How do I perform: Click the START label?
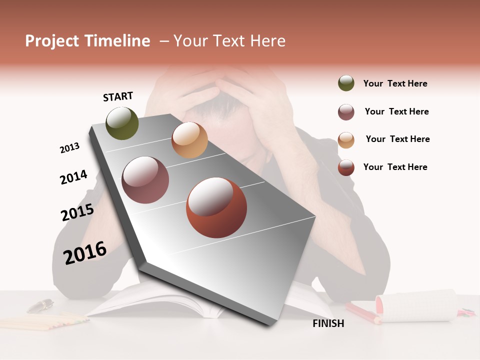pos(118,96)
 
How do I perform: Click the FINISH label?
pos(328,323)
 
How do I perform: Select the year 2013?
pos(69,148)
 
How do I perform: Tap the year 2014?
pos(73,177)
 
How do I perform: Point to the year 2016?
pos(85,252)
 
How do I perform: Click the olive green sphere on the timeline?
pos(122,123)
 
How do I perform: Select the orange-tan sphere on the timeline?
pos(189,140)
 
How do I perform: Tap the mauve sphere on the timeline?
pos(145,180)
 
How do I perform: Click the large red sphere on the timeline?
pos(216,207)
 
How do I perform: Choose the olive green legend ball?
pos(346,83)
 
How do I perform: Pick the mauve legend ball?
pos(346,112)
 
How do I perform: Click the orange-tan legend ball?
pos(346,140)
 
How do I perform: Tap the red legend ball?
pos(346,167)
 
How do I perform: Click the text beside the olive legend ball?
pos(395,83)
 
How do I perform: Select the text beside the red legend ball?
pos(395,167)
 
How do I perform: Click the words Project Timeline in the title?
pos(87,41)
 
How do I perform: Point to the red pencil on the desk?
pos(363,313)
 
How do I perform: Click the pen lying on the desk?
pos(40,305)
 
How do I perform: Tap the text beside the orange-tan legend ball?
pos(397,139)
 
